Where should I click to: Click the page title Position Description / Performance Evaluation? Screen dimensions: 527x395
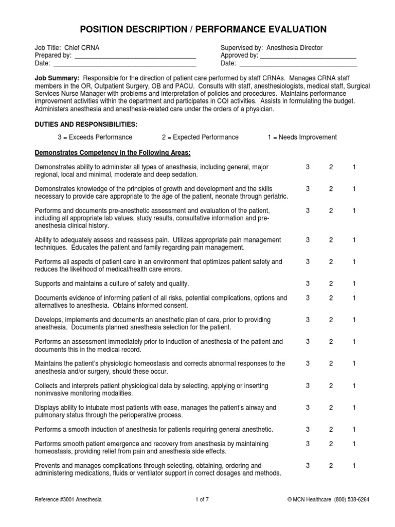(x=197, y=29)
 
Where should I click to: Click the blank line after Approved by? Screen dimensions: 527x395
(x=308, y=56)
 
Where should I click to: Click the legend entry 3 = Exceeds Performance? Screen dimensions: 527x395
(x=95, y=137)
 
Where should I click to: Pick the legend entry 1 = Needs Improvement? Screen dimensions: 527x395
(x=302, y=137)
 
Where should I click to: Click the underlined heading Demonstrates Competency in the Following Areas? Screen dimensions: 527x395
(x=112, y=153)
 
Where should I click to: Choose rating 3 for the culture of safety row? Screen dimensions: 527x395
(x=308, y=284)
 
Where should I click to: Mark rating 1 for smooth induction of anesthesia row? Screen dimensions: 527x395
(x=354, y=429)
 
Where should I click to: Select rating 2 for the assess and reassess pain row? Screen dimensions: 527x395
(x=331, y=240)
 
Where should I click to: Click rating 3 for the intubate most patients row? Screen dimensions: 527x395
(x=308, y=407)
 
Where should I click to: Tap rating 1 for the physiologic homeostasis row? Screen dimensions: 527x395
(x=354, y=363)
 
